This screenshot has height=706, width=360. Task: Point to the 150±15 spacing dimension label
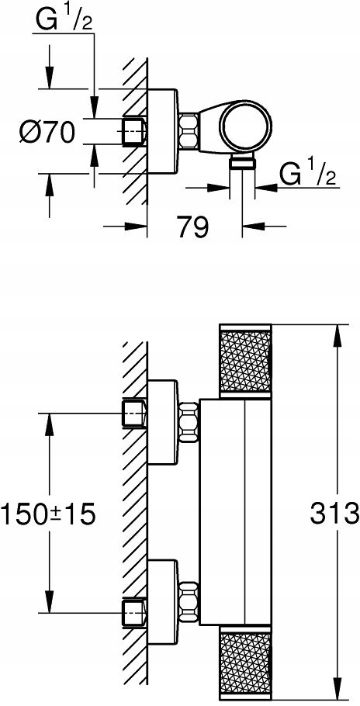click(x=50, y=512)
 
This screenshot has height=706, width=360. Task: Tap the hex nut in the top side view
click(x=189, y=131)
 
